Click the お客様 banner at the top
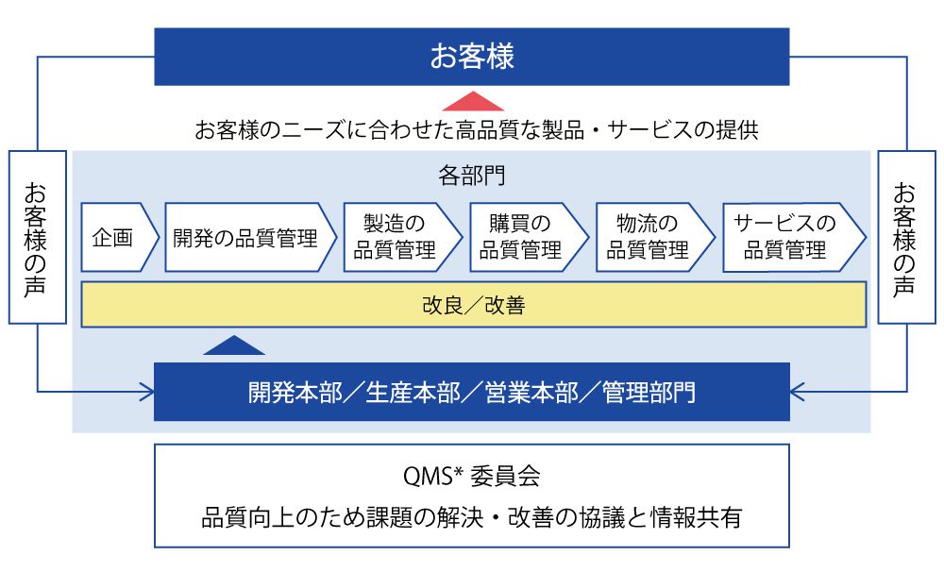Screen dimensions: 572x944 coord(472,57)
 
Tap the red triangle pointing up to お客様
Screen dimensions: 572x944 coord(472,102)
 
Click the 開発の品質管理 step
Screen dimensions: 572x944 coord(247,238)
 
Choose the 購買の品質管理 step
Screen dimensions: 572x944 coord(526,238)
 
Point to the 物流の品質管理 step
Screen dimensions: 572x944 coord(652,238)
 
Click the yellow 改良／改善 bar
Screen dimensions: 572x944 coord(473,305)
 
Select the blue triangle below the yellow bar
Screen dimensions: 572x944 coord(234,345)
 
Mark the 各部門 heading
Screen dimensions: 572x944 coord(472,176)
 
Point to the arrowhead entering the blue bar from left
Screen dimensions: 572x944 coord(147,389)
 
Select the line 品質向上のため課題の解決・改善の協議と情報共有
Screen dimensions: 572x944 coord(471,518)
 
